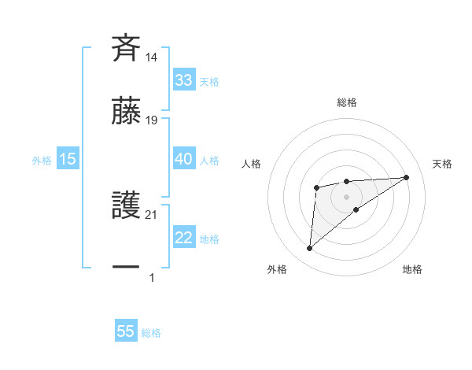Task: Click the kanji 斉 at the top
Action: click(x=126, y=47)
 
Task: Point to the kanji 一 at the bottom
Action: click(x=126, y=268)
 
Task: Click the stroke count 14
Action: click(x=152, y=57)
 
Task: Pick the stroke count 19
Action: click(x=152, y=120)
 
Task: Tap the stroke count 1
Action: click(x=152, y=277)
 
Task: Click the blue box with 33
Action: click(x=183, y=80)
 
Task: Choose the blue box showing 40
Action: click(x=183, y=159)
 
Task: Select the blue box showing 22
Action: click(x=183, y=239)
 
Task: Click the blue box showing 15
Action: click(x=68, y=159)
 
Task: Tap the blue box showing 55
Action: click(x=126, y=331)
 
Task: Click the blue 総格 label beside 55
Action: click(x=151, y=333)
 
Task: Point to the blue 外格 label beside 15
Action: click(x=42, y=161)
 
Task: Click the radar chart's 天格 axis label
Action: click(x=442, y=164)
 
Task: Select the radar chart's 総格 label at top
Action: click(x=346, y=102)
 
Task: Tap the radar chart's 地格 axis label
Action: click(x=412, y=269)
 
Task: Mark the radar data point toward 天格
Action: click(x=406, y=177)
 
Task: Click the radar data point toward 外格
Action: click(x=310, y=249)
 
